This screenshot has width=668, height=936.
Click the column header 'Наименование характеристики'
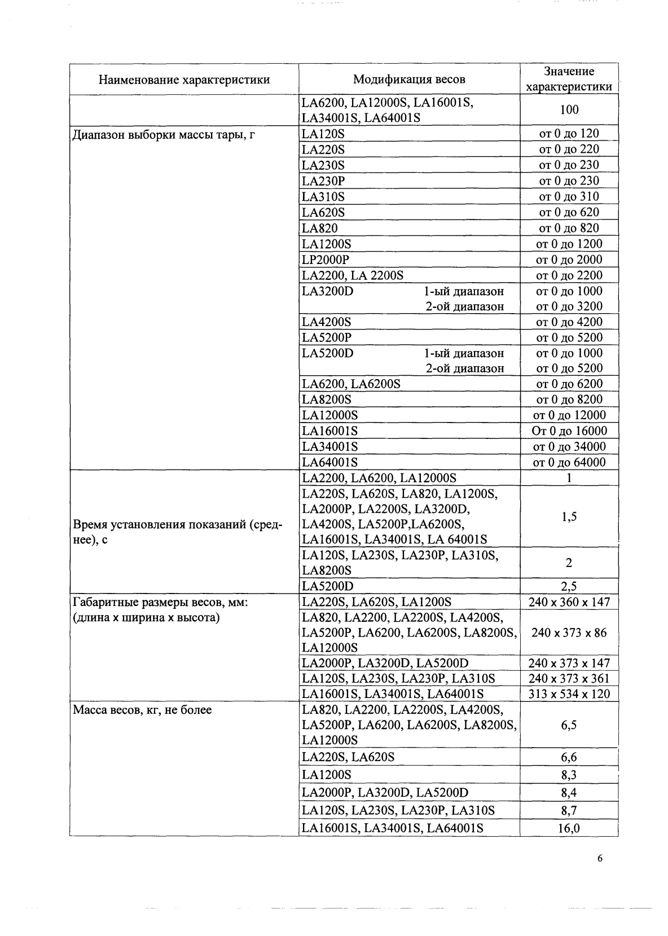point(184,80)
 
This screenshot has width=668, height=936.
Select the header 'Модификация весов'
point(409,80)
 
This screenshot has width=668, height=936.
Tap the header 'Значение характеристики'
point(569,79)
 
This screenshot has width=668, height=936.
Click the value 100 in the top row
point(569,109)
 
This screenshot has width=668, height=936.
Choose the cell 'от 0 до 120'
point(569,134)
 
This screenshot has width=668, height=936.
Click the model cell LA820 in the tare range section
point(320,228)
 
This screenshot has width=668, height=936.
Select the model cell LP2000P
point(326,260)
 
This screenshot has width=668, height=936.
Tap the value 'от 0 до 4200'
point(569,322)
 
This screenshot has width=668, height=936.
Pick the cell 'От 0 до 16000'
point(569,431)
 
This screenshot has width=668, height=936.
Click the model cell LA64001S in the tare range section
point(329,463)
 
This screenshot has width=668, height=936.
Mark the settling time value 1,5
point(569,517)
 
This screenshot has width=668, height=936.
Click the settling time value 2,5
point(569,586)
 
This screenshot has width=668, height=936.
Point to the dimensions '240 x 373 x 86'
point(569,633)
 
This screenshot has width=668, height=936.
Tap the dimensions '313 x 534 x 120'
point(569,694)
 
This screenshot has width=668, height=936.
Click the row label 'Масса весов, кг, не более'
point(143,710)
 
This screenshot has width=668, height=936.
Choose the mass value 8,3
point(569,775)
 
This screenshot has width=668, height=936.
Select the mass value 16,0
point(569,829)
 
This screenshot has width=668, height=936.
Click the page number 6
point(599,859)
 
